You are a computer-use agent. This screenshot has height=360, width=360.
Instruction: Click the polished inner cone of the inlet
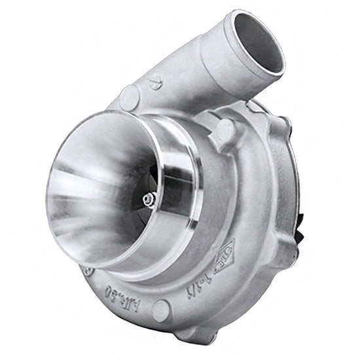pyautogui.click(x=92, y=190)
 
